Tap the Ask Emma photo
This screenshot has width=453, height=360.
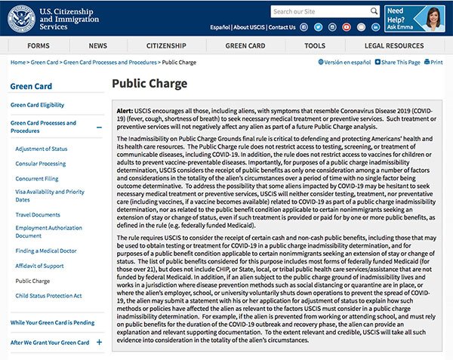pos(433,17)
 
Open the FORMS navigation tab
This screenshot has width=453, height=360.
pos(39,46)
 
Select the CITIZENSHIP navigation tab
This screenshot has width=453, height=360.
pos(166,46)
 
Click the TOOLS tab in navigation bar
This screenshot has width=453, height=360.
pos(315,46)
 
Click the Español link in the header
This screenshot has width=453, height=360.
pos(220,27)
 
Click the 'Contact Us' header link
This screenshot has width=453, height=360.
pos(282,27)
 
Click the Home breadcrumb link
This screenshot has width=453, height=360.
pos(18,62)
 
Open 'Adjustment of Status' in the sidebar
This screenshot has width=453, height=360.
pos(42,149)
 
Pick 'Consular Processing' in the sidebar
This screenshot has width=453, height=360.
pos(41,164)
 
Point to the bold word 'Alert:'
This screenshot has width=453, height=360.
pos(127,109)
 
